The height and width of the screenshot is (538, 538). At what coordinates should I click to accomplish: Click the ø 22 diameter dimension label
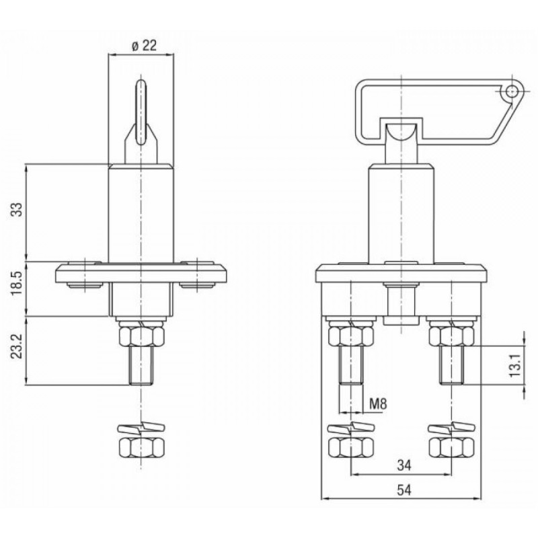[x=144, y=46]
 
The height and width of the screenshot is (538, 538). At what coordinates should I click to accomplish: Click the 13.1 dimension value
[x=515, y=365]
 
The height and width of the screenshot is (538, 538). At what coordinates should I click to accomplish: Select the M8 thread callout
[x=378, y=404]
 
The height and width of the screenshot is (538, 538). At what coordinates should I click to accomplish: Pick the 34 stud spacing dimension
[x=404, y=465]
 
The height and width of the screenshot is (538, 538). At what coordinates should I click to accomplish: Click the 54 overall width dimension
[x=404, y=490]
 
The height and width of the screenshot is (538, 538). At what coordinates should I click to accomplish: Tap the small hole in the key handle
[x=512, y=91]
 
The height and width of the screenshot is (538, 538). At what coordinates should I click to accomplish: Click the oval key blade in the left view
[x=141, y=112]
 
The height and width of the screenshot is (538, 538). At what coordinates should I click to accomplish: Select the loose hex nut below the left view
[x=141, y=447]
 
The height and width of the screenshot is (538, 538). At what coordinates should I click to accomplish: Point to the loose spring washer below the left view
[x=141, y=427]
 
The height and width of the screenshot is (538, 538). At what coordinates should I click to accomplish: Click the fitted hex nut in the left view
[x=141, y=336]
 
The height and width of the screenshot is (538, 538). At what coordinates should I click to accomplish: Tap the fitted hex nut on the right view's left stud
[x=350, y=336]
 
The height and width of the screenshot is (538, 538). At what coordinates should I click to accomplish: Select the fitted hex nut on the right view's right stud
[x=451, y=336]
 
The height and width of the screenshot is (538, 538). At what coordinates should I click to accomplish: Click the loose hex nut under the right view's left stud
[x=350, y=447]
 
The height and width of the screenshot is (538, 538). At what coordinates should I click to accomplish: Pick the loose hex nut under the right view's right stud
[x=451, y=447]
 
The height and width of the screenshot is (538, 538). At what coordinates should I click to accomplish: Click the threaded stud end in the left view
[x=141, y=365]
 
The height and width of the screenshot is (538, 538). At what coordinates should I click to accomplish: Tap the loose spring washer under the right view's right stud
[x=452, y=427]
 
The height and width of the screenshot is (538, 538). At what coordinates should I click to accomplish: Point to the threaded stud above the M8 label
[x=350, y=365]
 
